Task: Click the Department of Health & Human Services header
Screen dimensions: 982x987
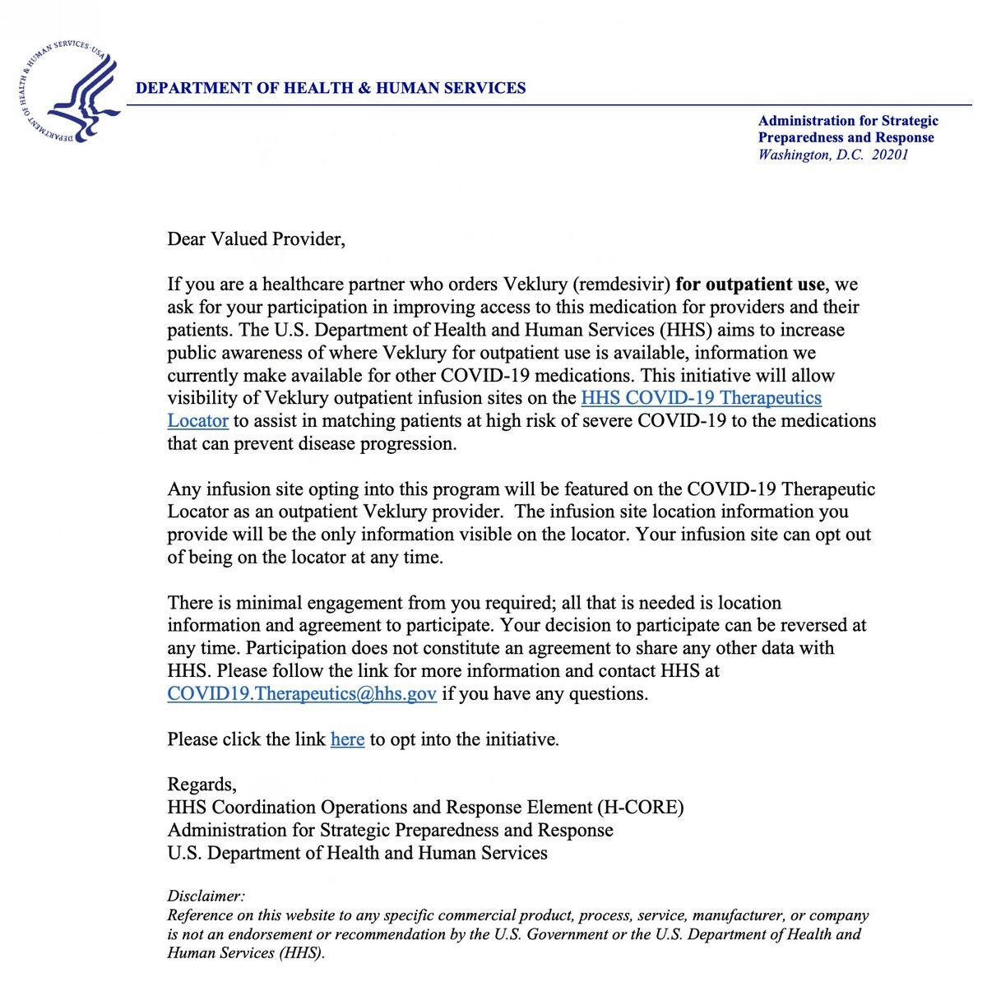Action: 331,88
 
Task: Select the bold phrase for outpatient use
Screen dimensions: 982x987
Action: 749,285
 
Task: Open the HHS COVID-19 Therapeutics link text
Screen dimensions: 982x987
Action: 701,398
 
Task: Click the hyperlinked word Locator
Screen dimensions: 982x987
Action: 197,421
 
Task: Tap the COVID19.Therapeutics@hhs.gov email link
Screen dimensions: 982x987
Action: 302,694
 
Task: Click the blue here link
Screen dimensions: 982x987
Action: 347,739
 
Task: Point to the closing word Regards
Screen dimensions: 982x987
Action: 202,785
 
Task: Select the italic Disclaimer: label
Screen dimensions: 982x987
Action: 206,896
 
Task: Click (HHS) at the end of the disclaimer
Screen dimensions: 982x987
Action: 302,953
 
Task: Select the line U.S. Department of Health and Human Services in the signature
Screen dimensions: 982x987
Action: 357,853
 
